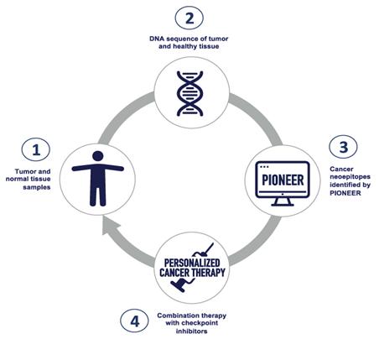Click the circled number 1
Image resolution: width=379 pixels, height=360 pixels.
(36, 149)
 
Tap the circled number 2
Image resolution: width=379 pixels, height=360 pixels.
(189, 18)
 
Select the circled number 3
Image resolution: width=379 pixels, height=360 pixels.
(343, 147)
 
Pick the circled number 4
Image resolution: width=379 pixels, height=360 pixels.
(135, 321)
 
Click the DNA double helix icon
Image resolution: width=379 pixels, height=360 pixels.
(190, 93)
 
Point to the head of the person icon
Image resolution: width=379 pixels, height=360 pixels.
(98, 156)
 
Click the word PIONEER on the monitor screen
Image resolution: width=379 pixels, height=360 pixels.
(283, 180)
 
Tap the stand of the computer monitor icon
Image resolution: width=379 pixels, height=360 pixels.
(283, 201)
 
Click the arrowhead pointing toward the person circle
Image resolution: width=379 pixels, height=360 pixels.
(110, 226)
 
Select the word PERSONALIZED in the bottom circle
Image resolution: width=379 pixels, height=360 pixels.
(192, 263)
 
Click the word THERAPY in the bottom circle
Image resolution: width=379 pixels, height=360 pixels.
(209, 273)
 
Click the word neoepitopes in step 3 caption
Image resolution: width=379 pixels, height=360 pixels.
(350, 177)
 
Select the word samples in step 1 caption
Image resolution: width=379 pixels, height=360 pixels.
(37, 187)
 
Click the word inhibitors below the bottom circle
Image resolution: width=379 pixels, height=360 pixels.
(192, 331)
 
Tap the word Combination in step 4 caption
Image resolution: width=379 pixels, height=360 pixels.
(176, 316)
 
